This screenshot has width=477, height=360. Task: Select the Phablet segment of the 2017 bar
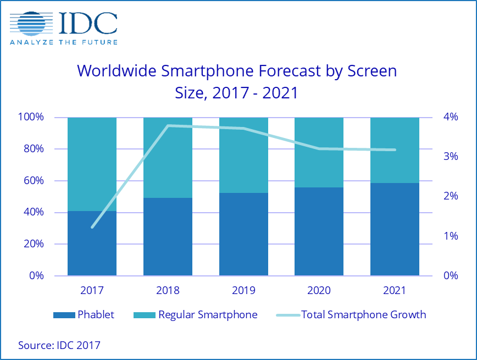point(92,243)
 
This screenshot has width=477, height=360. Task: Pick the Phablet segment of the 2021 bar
point(395,229)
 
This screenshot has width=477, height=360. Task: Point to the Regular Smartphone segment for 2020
point(319,152)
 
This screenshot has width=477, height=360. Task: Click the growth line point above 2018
point(168,126)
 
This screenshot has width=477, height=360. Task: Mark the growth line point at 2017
point(92,227)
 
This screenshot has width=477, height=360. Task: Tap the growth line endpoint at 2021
point(395,149)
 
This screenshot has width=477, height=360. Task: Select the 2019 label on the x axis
point(243,290)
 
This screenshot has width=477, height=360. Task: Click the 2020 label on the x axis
point(319,290)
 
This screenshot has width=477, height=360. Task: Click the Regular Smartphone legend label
point(208,315)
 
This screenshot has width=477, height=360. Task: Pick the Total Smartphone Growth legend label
point(363,315)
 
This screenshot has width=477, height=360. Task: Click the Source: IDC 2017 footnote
point(59,345)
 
